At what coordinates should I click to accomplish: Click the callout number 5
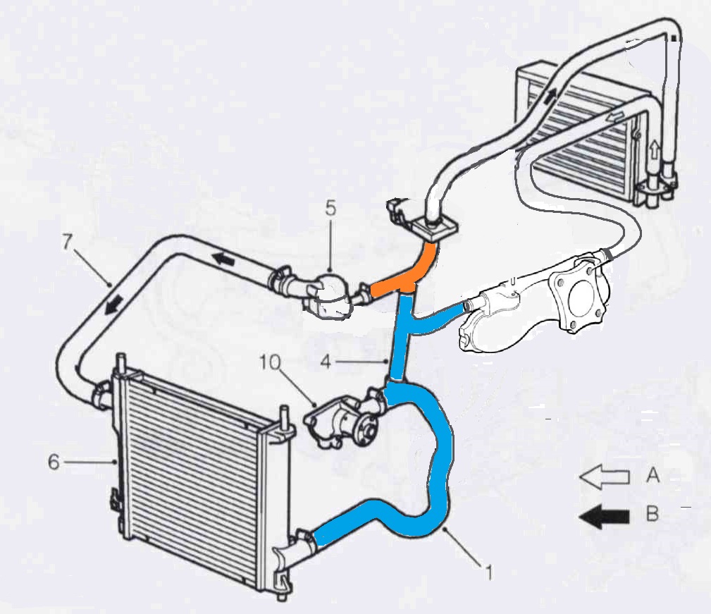coord(331,209)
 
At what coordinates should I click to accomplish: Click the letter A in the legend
coord(653,476)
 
